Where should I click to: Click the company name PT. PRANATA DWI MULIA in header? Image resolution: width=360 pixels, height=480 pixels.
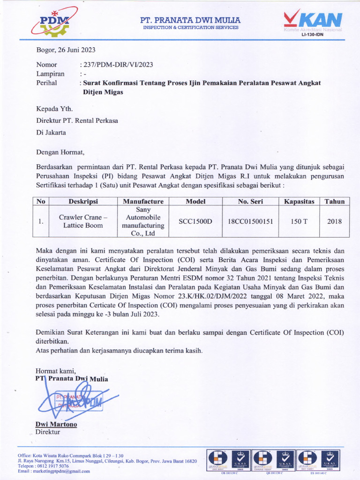191,20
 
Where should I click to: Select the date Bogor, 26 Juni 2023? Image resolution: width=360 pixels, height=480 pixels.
66,50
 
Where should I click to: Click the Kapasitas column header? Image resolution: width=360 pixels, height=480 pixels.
299,202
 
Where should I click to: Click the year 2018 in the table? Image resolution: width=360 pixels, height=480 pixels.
335,221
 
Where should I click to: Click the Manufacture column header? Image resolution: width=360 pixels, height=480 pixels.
143,202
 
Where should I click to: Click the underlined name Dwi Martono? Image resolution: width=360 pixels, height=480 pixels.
56,425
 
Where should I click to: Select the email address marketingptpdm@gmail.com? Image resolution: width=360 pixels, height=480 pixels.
60,471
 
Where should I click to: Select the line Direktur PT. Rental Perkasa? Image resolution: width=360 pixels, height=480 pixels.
77,120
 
